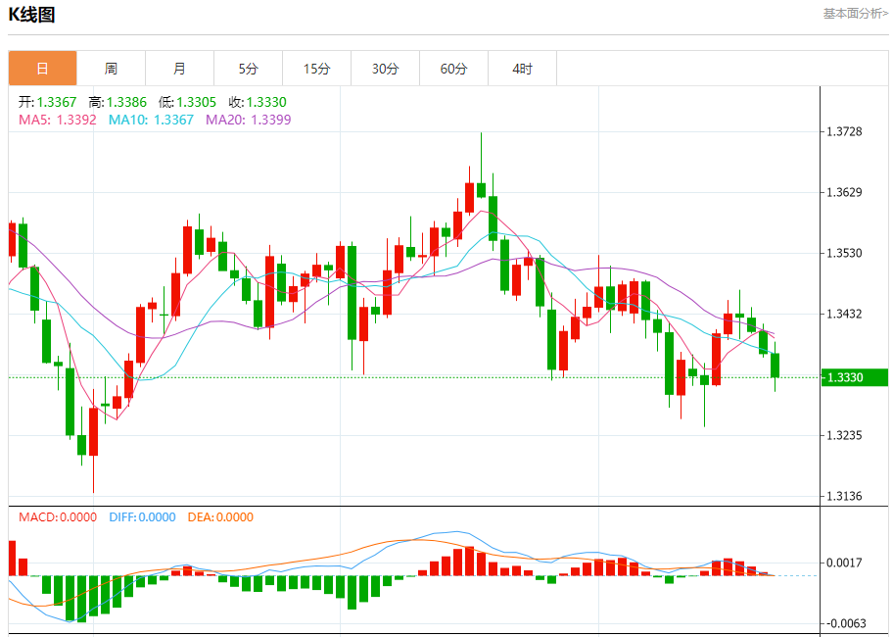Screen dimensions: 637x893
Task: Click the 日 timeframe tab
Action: coord(42,69)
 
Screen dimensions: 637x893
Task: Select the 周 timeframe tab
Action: coord(111,69)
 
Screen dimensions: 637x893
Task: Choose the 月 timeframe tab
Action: coord(179,69)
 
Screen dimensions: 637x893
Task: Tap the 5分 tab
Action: coord(248,69)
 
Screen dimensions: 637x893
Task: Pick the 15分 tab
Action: coord(316,69)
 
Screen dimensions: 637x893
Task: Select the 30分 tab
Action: coord(385,69)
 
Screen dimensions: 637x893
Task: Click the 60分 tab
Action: coord(453,69)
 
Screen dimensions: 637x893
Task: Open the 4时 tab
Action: coord(522,69)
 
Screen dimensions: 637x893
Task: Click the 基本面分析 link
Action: coord(855,14)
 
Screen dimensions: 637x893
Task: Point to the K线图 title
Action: coord(31,15)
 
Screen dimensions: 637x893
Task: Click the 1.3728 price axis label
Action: coord(844,131)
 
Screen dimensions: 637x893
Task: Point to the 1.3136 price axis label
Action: coord(844,496)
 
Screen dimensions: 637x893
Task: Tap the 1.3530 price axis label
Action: coord(844,253)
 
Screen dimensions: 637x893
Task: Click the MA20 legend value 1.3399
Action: coord(271,120)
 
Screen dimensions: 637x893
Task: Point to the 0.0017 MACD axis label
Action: coord(844,563)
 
